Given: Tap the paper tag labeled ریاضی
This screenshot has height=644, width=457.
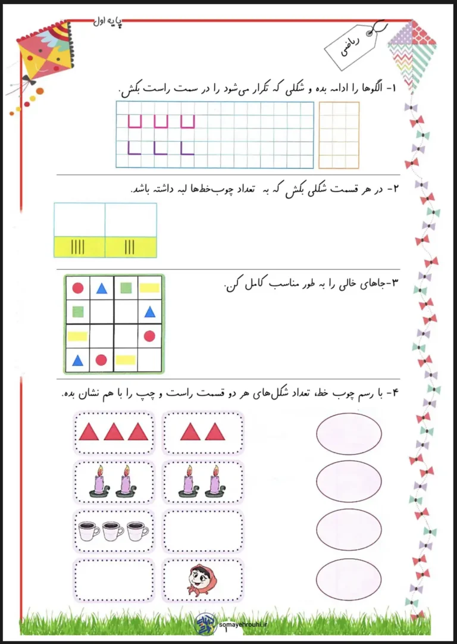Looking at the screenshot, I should pyautogui.click(x=354, y=47).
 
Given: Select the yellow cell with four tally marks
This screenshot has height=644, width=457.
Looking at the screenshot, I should pyautogui.click(x=79, y=246).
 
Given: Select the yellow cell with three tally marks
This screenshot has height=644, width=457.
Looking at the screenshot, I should pyautogui.click(x=130, y=246).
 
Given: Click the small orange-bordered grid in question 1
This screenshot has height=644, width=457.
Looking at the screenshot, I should pyautogui.click(x=339, y=135).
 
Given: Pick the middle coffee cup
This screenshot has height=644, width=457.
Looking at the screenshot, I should pyautogui.click(x=113, y=531).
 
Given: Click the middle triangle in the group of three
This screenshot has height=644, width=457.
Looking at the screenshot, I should pyautogui.click(x=114, y=432).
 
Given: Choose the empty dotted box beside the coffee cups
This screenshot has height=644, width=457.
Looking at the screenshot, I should pyautogui.click(x=202, y=531).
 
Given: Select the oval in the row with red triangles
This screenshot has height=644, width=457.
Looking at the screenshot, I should pyautogui.click(x=349, y=433).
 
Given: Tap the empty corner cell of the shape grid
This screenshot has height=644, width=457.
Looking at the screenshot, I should pyautogui.click(x=149, y=359).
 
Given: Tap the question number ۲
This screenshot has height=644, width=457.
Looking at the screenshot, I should pyautogui.click(x=393, y=189).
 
